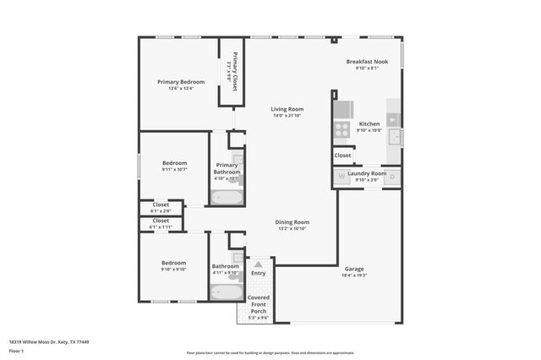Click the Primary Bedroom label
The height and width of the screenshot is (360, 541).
coord(181,82)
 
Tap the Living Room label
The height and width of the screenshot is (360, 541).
coord(287,109)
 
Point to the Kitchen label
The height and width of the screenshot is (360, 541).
coord(369,123)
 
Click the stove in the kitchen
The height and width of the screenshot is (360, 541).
coord(342,129)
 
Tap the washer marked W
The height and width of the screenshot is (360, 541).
coord(342,177)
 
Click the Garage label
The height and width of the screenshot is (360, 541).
coord(354,269)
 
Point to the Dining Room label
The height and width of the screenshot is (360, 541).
coord(292,222)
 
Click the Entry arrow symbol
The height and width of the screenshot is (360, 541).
coord(258,265)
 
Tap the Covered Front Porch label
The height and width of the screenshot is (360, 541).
coord(258,303)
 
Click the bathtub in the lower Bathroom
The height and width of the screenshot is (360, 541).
coord(226,293)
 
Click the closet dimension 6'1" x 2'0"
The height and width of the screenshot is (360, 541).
coord(160,210)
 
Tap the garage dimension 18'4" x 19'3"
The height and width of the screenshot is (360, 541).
coord(354,275)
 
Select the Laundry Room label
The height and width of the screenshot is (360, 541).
coord(371,173)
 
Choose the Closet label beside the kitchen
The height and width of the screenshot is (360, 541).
coord(342,155)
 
